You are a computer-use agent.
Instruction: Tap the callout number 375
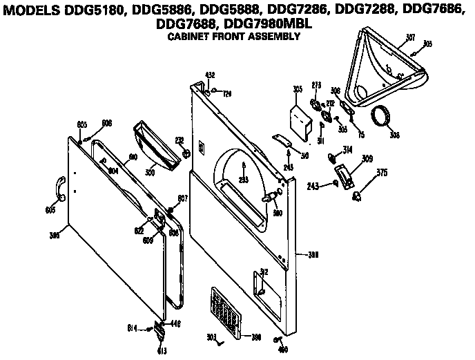click(381, 173)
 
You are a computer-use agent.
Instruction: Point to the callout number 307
click(409, 37)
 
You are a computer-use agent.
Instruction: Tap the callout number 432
click(211, 74)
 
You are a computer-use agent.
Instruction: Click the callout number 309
click(367, 159)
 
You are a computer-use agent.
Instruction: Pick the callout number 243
click(313, 186)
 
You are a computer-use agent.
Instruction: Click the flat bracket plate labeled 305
click(302, 119)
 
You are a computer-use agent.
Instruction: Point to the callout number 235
click(242, 179)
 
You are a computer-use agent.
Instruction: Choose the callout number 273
click(317, 85)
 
